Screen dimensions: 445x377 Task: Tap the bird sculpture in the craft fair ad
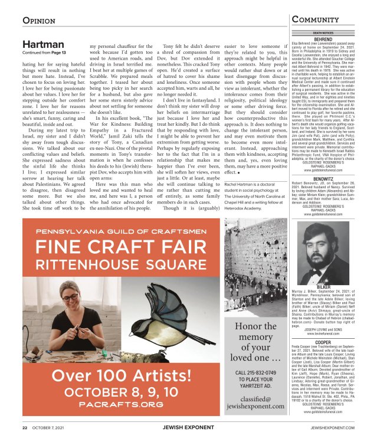coord(171,329)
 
